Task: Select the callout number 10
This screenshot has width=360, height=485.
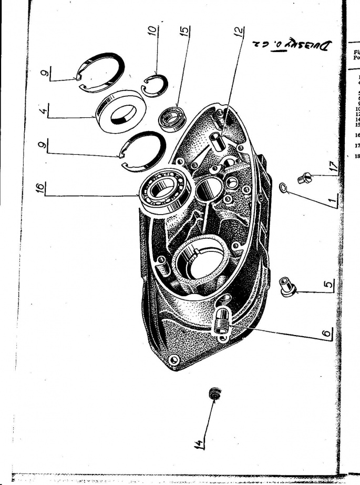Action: tap(152, 34)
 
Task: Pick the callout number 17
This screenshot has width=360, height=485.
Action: tap(321, 169)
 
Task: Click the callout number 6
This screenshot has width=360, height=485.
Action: tap(326, 334)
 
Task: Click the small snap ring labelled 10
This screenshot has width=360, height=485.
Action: tap(156, 84)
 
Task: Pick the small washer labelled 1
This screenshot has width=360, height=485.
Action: tap(283, 187)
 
